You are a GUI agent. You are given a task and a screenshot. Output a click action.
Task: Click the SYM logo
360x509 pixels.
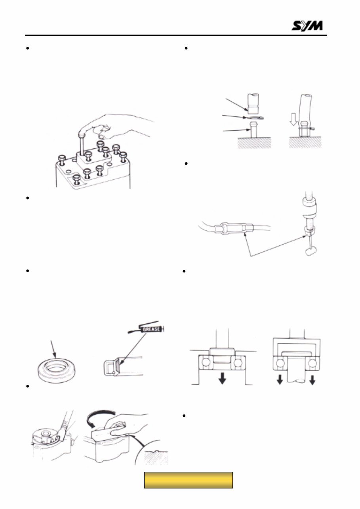307,26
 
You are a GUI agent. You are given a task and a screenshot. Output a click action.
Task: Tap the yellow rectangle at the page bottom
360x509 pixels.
188,480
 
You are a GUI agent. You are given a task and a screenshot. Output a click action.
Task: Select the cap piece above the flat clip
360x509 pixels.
252,103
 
